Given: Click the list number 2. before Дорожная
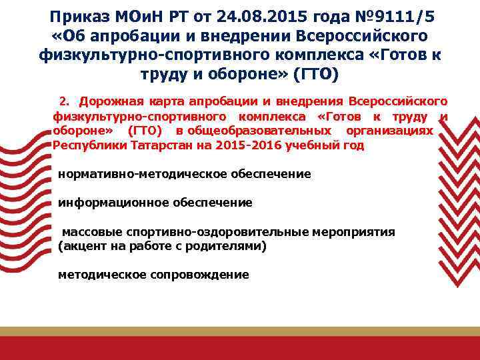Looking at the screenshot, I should [x=65, y=101].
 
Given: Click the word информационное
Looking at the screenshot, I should [x=113, y=203].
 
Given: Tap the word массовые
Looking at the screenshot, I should [x=87, y=232].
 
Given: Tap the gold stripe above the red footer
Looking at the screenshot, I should [x=240, y=331].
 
